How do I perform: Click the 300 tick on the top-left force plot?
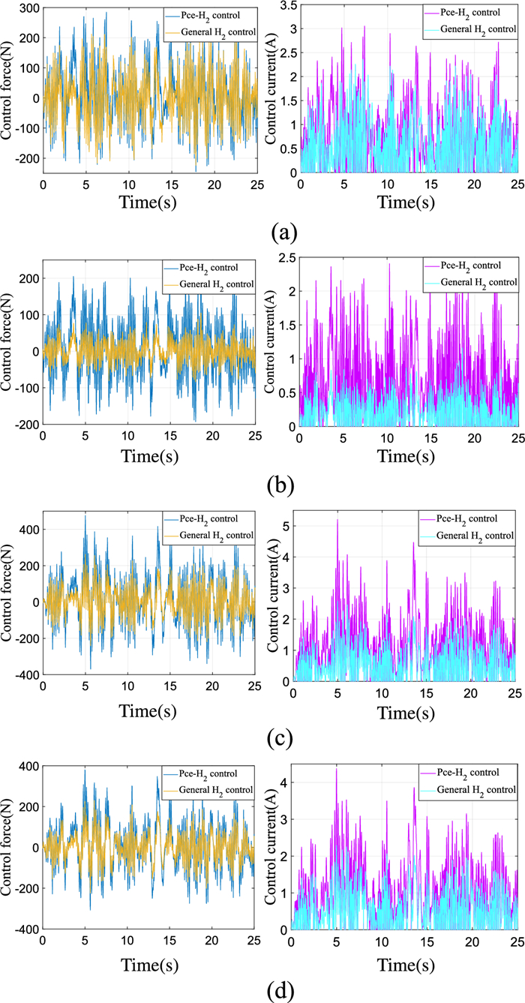tap(28, 8)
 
